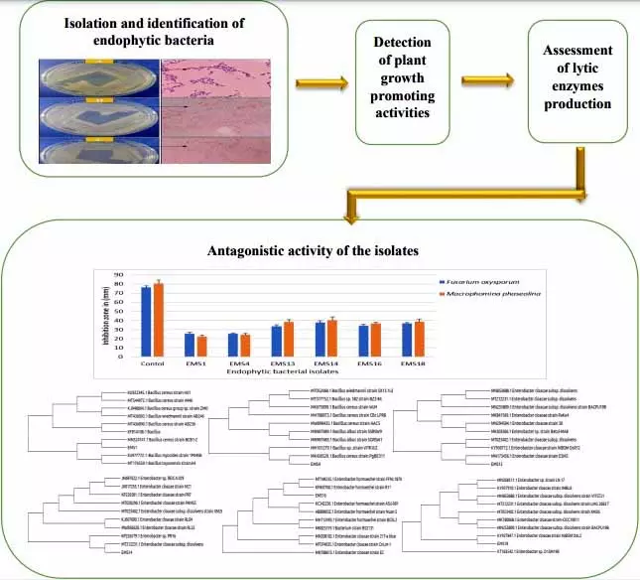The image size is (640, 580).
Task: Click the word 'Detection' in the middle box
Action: click(401, 43)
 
